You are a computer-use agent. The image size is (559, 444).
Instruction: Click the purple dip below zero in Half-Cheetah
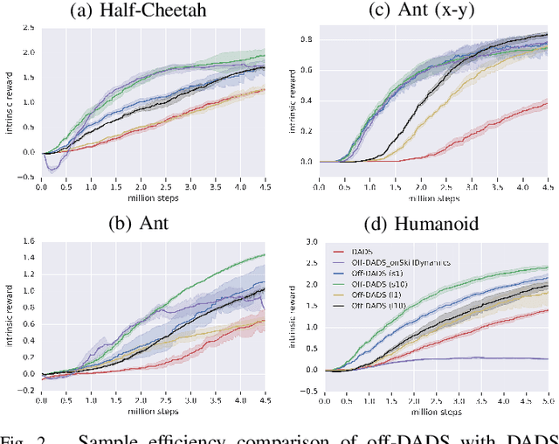click(54, 166)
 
